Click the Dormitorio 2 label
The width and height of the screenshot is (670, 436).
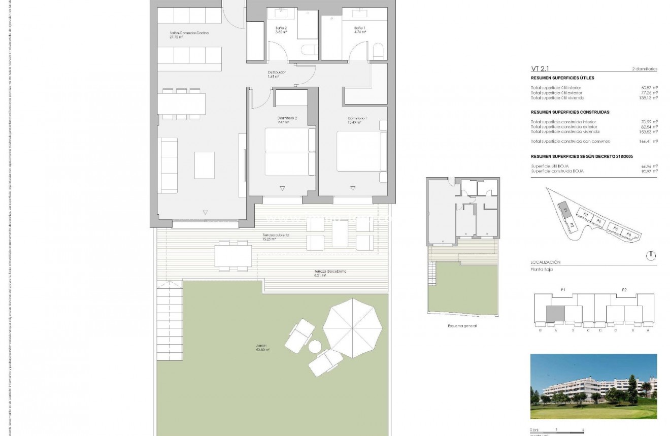283,120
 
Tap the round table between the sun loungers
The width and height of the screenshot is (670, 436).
316,347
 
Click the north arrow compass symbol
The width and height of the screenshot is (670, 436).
651,256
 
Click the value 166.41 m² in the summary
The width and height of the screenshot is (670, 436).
648,142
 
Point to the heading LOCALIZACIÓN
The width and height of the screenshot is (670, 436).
545,262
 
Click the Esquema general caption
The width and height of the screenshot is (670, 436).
462,326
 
